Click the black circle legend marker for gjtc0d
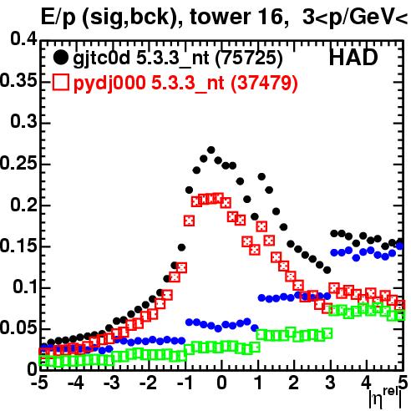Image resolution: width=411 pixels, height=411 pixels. (x=60, y=58)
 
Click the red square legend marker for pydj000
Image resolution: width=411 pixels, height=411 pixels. (x=60, y=83)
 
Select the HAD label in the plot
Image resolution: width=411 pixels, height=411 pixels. (x=353, y=58)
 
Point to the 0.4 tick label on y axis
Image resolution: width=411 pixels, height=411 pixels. (x=23, y=39)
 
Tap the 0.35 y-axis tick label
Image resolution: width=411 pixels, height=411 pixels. (x=18, y=80)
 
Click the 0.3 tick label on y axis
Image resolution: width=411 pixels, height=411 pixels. (x=23, y=122)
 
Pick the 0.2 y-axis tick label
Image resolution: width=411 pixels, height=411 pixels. (x=23, y=205)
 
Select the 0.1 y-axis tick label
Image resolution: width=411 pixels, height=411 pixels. (x=25, y=287)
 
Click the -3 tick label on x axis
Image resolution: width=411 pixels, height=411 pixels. (x=112, y=383)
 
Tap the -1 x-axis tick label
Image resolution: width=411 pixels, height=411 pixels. (x=184, y=383)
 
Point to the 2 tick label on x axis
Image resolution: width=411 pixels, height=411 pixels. (x=294, y=383)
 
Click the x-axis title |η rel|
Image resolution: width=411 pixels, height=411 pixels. (x=385, y=398)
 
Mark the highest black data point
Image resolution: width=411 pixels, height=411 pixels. (x=211, y=150)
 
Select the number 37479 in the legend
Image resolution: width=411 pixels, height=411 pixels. (x=265, y=83)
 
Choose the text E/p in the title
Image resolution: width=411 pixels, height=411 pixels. (x=58, y=18)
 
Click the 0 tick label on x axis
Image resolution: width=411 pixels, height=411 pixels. (x=221, y=383)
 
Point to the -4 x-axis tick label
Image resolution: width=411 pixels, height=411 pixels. (x=76, y=383)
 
